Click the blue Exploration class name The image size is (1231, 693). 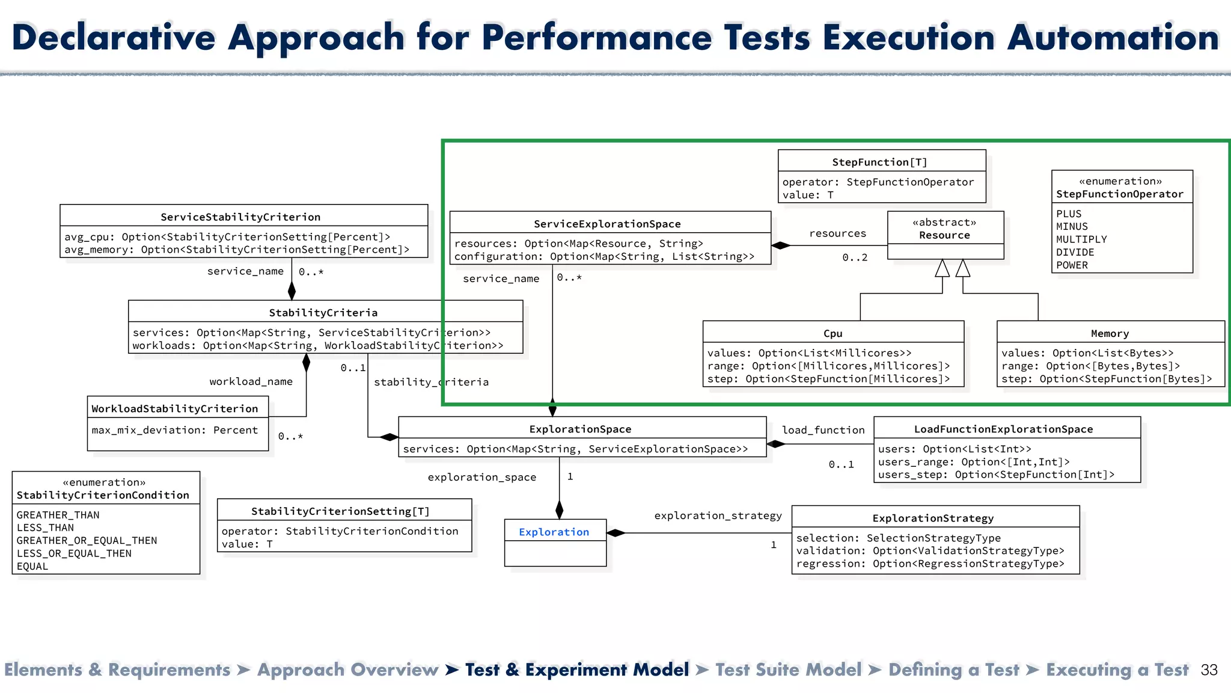554,532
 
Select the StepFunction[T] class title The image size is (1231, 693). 879,162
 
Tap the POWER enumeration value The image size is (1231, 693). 1072,265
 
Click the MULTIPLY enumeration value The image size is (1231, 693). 1081,239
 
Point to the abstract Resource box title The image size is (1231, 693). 944,235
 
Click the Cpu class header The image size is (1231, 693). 832,333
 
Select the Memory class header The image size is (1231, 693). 1110,333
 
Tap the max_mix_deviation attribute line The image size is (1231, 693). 174,430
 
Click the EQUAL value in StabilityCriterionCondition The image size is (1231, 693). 32,566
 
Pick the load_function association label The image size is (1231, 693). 823,430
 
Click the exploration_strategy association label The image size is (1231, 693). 718,516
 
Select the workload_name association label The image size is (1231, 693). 251,381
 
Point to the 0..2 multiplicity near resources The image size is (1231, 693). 855,257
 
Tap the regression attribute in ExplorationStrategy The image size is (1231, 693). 930,564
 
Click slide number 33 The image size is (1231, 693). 1209,670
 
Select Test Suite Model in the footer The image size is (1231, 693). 788,670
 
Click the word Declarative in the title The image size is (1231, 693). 114,37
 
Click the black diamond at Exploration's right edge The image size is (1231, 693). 615,533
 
